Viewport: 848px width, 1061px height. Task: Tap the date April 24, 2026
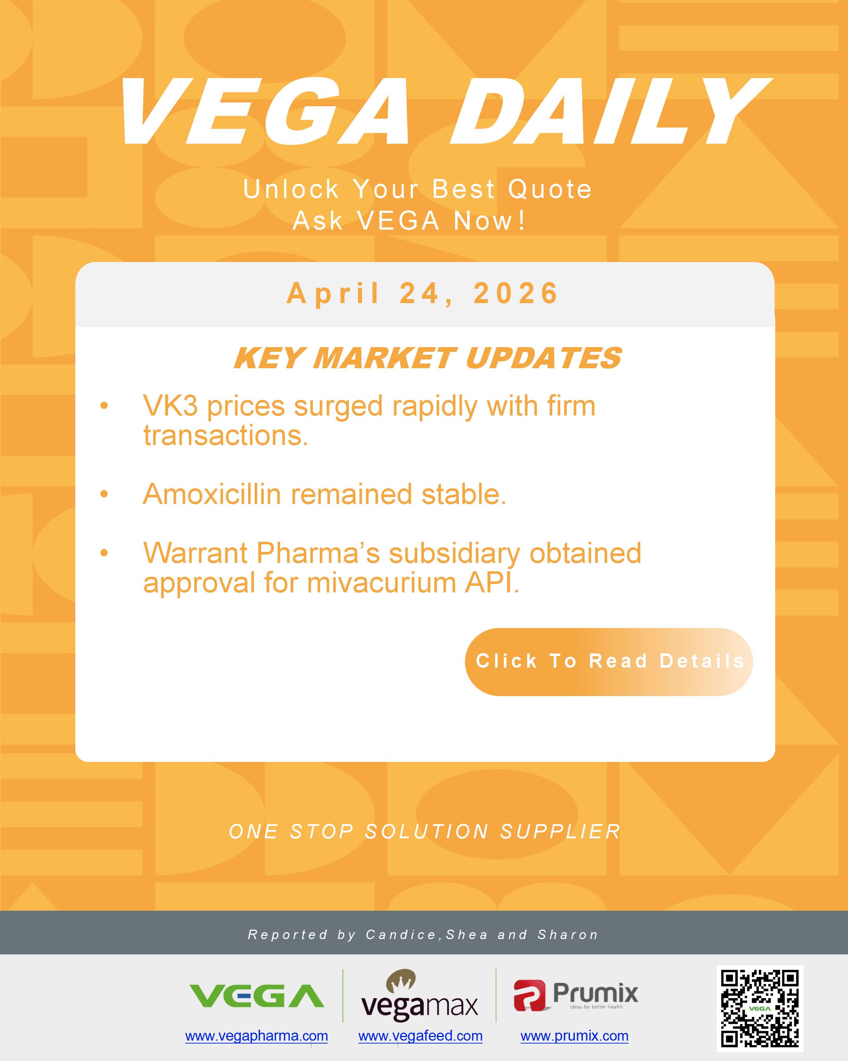[x=423, y=294]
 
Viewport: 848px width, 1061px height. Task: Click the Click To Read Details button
[x=609, y=661]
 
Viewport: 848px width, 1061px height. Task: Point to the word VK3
[x=170, y=406]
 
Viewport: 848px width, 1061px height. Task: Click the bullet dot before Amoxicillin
[x=104, y=494]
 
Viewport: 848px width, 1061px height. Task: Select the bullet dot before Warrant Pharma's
[x=104, y=553]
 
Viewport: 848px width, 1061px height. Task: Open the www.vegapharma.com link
[x=256, y=1036]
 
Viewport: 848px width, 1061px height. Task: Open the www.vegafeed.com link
[x=420, y=1036]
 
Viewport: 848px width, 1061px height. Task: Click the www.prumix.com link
[x=574, y=1036]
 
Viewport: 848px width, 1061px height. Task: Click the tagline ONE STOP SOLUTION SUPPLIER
[x=424, y=832]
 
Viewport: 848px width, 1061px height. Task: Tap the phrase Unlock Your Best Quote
[x=417, y=190]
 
